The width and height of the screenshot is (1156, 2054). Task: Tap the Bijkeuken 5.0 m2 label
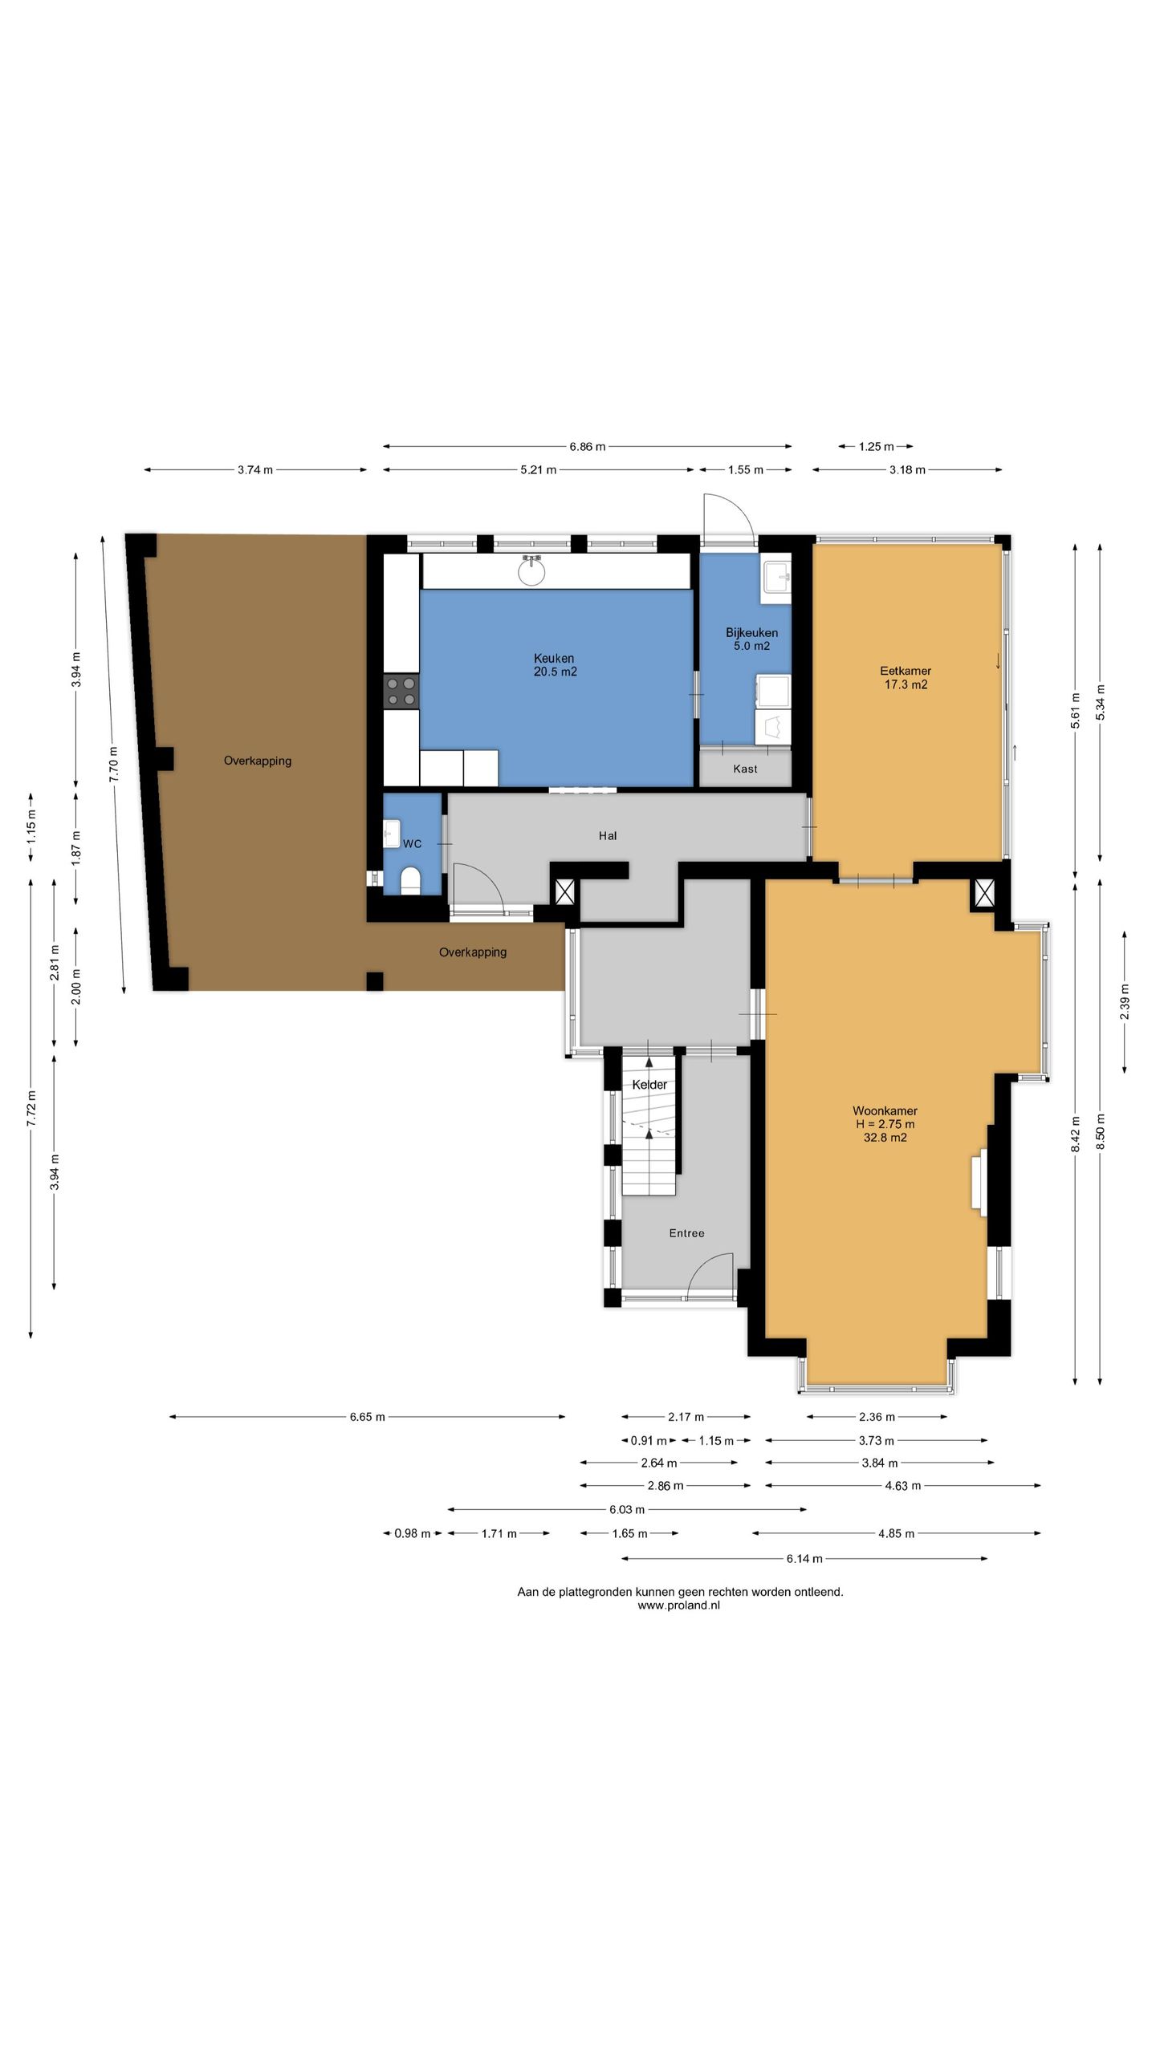[x=751, y=639]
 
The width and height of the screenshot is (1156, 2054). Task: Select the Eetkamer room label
[x=906, y=677]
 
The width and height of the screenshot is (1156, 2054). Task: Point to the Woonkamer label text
[x=885, y=1110]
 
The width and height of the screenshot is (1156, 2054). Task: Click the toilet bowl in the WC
[x=410, y=880]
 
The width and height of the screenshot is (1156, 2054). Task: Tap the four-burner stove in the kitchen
[x=401, y=692]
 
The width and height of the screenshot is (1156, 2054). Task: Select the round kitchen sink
[x=531, y=570]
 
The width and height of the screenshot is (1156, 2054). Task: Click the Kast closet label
[x=745, y=769]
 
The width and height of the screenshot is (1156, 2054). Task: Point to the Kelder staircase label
[x=649, y=1085]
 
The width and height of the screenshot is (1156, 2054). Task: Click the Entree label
[x=686, y=1233]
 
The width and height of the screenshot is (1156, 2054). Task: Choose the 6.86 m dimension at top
[x=588, y=447]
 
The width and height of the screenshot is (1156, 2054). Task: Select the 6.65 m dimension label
[x=368, y=1417]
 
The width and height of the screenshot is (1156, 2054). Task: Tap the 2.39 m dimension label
[x=1124, y=1001]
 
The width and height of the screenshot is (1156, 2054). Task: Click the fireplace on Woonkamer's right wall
[x=979, y=1180]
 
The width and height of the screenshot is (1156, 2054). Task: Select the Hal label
[x=608, y=836]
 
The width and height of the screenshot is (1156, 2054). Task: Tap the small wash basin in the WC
[x=392, y=833]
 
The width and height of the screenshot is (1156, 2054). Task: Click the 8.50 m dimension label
[x=1100, y=1132]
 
